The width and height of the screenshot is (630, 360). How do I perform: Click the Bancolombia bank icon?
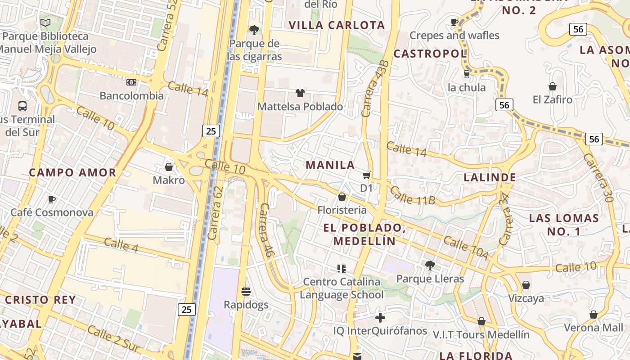131,82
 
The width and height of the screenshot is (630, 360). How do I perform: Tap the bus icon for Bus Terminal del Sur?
22,106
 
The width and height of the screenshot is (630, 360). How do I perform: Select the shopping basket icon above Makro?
169,167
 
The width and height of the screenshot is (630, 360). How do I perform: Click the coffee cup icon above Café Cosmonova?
52,199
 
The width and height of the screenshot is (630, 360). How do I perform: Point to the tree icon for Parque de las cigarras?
254,30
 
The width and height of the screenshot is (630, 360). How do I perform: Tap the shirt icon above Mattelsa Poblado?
300,93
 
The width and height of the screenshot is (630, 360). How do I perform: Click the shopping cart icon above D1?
367,175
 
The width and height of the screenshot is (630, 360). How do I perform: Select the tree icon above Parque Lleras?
430,265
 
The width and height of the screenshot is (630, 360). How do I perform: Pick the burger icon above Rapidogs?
246,292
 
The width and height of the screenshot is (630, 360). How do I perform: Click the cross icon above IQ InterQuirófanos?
380,318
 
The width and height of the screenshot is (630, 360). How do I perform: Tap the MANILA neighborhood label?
330,165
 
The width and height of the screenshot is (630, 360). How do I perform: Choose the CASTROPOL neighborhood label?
430,54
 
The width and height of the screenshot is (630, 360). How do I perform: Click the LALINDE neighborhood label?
490,177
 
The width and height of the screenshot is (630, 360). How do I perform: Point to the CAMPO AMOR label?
72,172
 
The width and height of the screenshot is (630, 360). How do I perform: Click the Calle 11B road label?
412,195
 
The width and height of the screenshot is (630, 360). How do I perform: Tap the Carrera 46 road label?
267,230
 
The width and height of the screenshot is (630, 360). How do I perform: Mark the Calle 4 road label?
121,245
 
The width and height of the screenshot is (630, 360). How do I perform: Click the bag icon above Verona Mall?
594,315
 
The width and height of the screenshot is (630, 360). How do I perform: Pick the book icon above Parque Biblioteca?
45,22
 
